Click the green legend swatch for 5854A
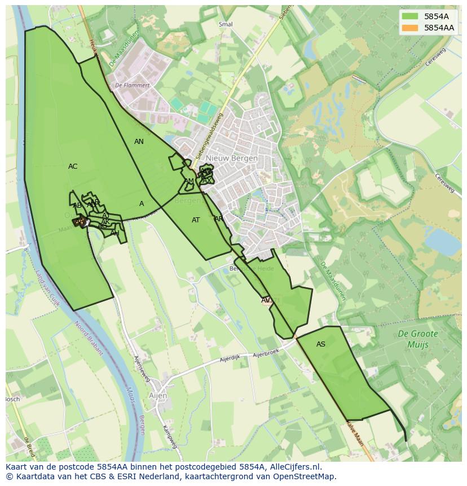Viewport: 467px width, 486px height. click(x=410, y=16)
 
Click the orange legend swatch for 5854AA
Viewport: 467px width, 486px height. click(x=410, y=28)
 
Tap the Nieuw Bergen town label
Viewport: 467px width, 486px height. click(x=232, y=158)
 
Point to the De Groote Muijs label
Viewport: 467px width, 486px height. click(x=417, y=339)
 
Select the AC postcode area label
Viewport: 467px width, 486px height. click(x=73, y=167)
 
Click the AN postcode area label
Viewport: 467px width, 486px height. click(x=139, y=142)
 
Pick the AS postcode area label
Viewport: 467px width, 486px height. click(x=321, y=344)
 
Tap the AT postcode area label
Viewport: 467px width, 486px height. click(x=196, y=220)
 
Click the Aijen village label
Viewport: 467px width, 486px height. click(x=158, y=396)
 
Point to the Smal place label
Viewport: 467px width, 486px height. click(x=226, y=25)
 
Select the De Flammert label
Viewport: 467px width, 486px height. click(x=133, y=86)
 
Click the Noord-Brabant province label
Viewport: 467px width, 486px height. click(x=89, y=338)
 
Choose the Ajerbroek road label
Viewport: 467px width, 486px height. click(x=266, y=354)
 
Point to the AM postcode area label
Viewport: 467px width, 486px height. click(x=189, y=181)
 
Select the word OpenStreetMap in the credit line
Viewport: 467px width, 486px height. click(x=304, y=476)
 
